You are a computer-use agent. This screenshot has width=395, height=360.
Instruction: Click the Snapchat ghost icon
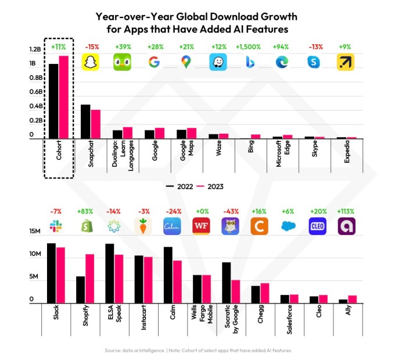coord(90,62)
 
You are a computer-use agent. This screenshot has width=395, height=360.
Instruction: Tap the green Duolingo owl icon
coord(122,62)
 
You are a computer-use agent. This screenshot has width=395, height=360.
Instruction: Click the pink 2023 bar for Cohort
coord(63,97)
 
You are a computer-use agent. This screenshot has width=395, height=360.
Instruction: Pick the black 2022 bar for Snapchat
coord(85,122)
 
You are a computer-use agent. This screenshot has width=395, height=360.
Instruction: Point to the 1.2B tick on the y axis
coord(36,49)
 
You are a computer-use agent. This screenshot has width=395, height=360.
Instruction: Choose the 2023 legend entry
coord(210,187)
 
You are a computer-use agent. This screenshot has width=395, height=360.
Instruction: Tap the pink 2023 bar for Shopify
coord(90,279)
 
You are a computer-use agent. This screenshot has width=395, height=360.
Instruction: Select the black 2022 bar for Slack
coord(51,273)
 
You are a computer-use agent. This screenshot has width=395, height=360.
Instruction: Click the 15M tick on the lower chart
coord(35,231)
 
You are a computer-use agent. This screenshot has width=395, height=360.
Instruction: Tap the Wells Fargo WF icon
coord(200,226)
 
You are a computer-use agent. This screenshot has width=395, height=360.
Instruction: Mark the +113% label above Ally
coord(347,211)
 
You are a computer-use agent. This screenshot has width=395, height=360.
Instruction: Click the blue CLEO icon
coord(318,226)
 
